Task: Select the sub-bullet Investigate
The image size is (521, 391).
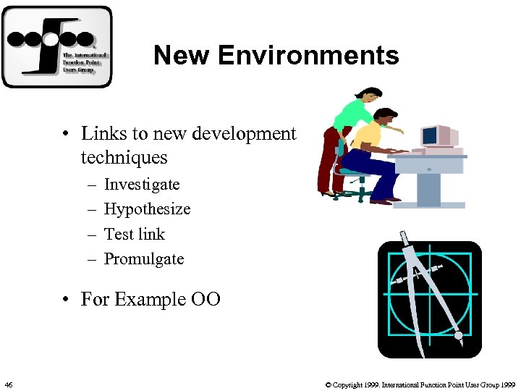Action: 142,185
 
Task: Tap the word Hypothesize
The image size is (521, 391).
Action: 147,209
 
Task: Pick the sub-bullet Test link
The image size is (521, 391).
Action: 135,234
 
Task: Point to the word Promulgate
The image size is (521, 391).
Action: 144,258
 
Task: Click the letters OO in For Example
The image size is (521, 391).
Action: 206,299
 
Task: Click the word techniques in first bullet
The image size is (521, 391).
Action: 124,157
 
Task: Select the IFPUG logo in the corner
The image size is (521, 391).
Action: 57,47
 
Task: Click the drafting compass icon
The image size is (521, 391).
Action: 430,299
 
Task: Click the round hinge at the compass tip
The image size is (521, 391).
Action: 458,336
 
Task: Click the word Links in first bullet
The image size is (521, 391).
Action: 99,134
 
